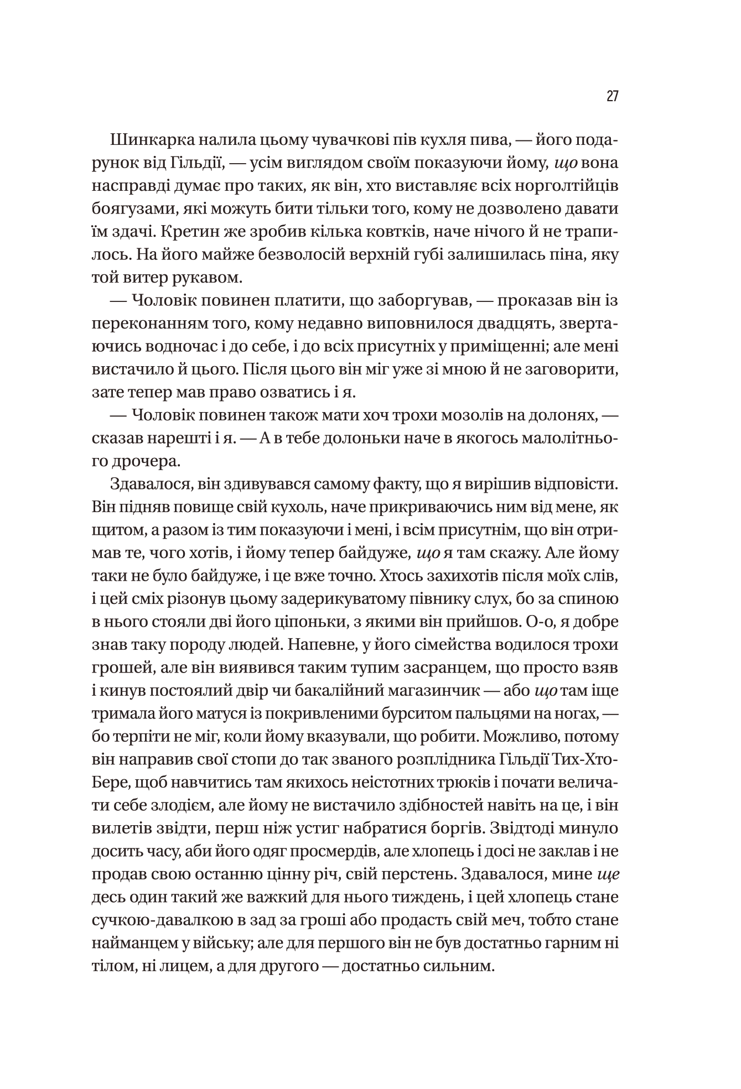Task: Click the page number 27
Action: [x=612, y=96]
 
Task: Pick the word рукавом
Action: [x=180, y=278]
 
